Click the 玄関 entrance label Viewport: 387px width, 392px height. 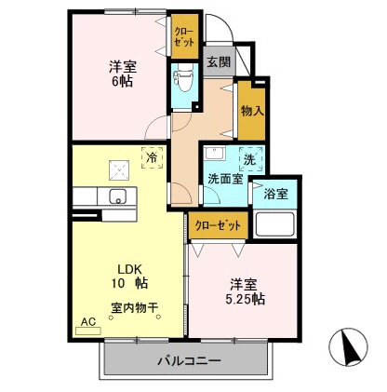218,62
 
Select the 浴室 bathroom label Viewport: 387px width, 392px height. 275,195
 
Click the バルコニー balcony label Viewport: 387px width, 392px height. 188,361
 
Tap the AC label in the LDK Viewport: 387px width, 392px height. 88,321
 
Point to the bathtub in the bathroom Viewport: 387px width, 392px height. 274,224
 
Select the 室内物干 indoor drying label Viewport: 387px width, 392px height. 135,306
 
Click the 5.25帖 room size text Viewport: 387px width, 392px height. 243,300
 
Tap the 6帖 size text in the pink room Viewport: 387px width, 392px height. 119,82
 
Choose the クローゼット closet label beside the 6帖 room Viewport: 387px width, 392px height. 182,36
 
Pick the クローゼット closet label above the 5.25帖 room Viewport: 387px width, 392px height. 220,224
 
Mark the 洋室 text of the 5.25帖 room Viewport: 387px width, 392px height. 243,283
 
